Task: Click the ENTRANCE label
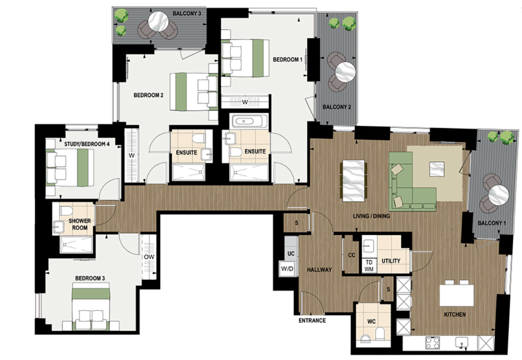(x=312, y=320)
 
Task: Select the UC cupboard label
(x=290, y=253)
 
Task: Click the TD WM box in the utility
(x=368, y=265)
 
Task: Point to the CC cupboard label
(x=351, y=256)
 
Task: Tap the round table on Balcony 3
(x=160, y=21)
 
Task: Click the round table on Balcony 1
(x=499, y=196)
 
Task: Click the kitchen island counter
(x=456, y=295)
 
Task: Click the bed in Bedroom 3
(x=92, y=305)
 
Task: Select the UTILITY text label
(x=391, y=261)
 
